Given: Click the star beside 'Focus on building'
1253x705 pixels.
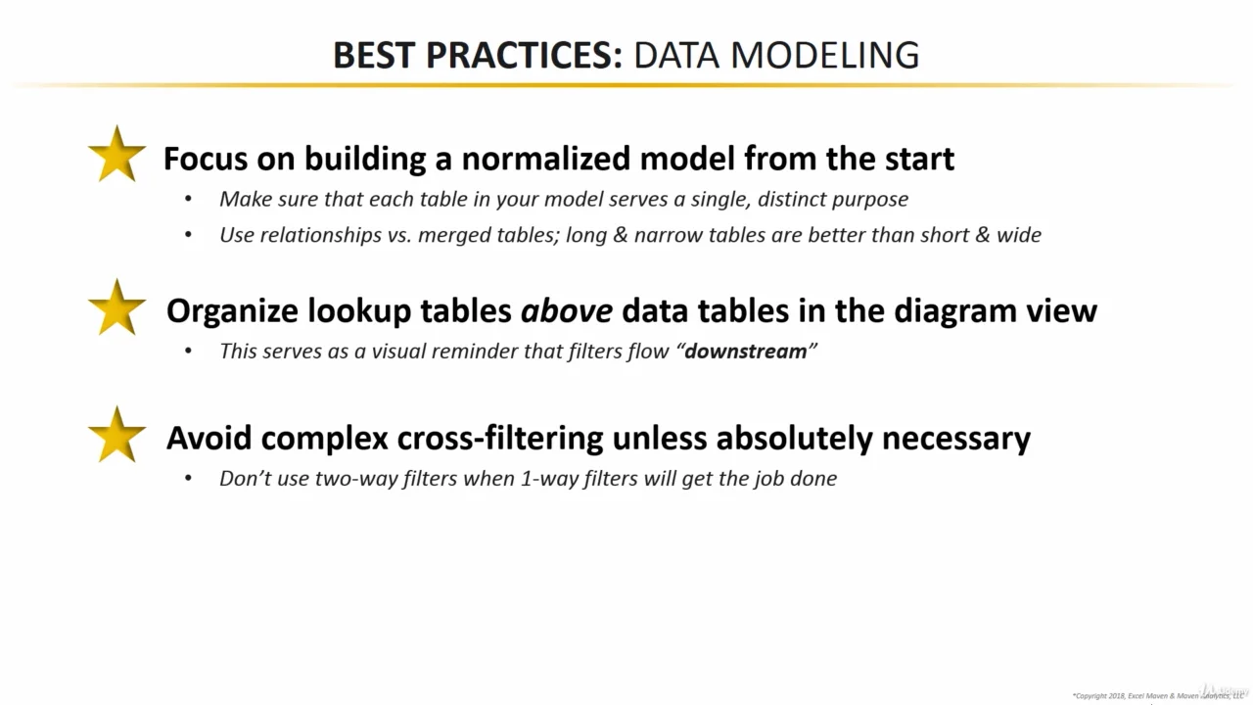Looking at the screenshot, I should click(116, 155).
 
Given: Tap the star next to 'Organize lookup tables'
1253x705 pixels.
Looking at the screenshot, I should click(116, 307).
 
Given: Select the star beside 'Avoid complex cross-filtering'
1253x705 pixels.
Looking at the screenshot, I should click(116, 435).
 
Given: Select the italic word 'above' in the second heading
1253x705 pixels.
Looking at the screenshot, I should click(566, 310).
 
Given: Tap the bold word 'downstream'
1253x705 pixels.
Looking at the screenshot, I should click(745, 351).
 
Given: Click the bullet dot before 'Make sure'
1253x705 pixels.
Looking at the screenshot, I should click(188, 200).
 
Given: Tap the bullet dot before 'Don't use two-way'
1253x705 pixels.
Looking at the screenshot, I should click(188, 479).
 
